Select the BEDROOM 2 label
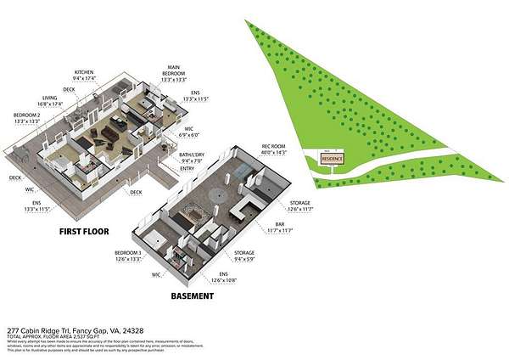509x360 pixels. click(x=27, y=115)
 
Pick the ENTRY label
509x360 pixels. click(x=187, y=168)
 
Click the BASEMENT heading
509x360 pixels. click(x=192, y=297)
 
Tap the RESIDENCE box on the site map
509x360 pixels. click(x=332, y=159)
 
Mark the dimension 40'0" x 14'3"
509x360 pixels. click(x=276, y=153)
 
